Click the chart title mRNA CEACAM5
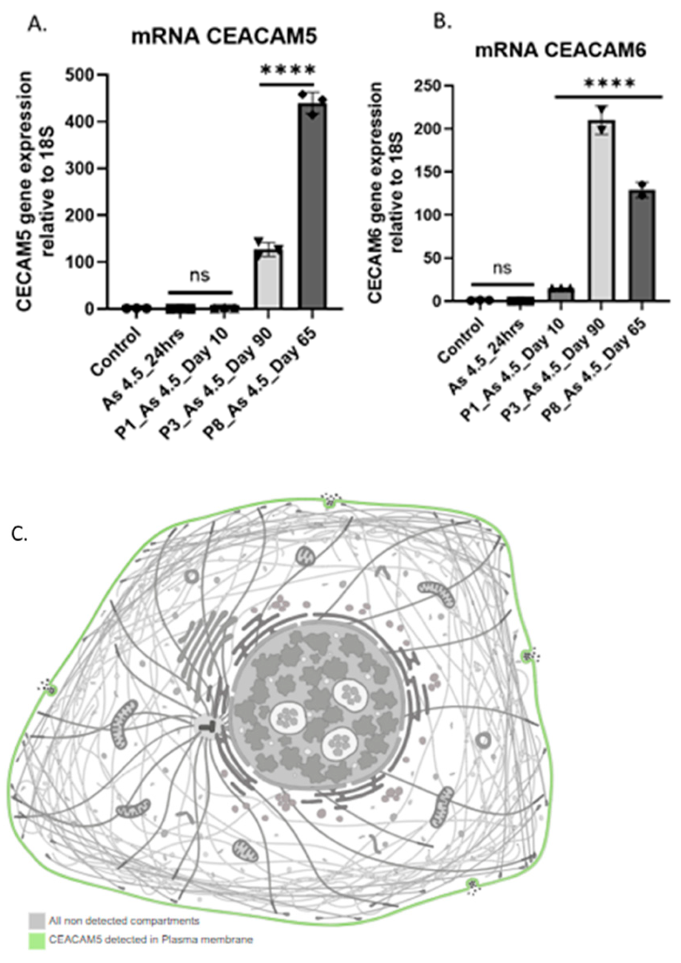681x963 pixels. tap(224, 37)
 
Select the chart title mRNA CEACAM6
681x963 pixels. tap(560, 50)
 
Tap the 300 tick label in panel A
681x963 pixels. tap(81, 169)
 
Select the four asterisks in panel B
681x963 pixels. tap(609, 83)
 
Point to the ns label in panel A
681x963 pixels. tap(199, 275)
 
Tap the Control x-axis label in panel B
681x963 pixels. tap(462, 340)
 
